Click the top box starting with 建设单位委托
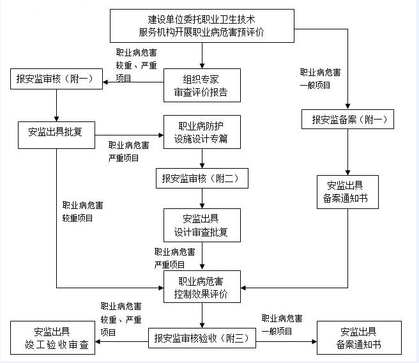pos(202,25)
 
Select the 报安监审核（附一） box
pos(57,80)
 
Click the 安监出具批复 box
pos(57,133)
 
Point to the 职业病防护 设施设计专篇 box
pos(202,132)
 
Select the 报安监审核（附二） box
pos(202,178)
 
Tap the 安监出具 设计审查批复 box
pos(202,225)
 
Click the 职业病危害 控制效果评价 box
pos(202,288)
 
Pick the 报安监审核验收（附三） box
pos(202,337)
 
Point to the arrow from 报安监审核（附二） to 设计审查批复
pos(202,198)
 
